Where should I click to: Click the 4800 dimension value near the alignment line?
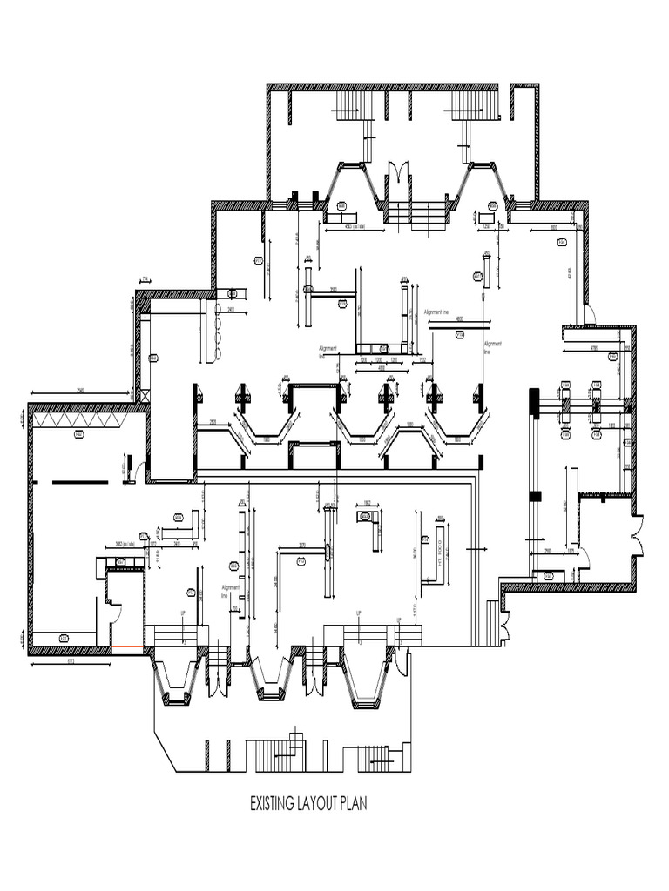pos(460,318)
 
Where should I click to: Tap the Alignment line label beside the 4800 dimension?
pos(436,312)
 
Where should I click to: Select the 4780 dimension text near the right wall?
pos(594,348)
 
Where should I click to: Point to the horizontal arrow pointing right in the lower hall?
pos(476,549)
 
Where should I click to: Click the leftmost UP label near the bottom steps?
pos(183,613)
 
